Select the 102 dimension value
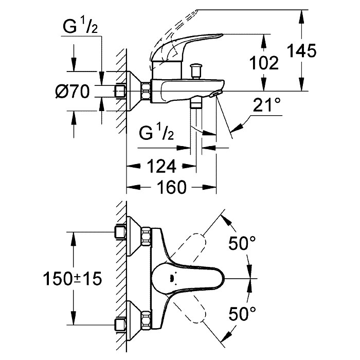click(264, 63)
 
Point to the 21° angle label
click(267, 106)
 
